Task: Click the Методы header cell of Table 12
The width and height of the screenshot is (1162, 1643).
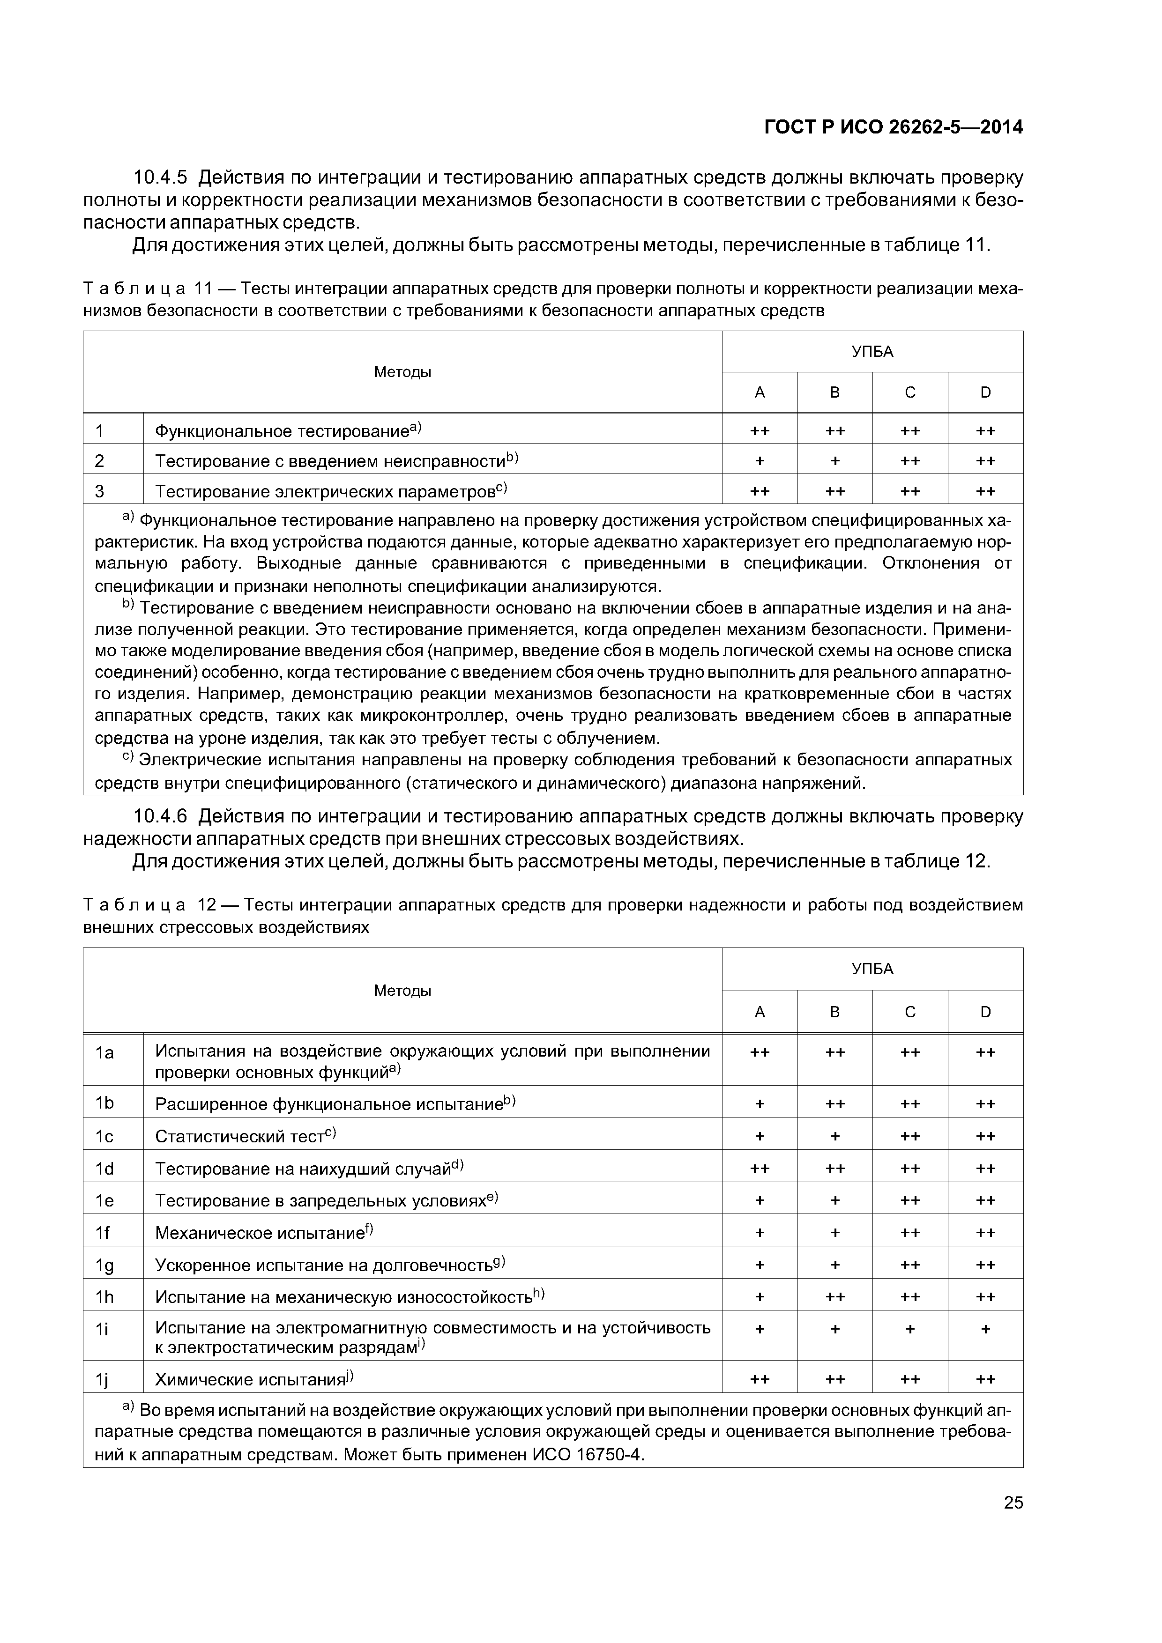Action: [x=402, y=991]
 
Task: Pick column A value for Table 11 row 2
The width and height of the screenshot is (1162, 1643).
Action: [x=759, y=461]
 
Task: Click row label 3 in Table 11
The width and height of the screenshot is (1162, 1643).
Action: [x=99, y=491]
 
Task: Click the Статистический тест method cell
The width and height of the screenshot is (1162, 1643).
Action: [x=240, y=1136]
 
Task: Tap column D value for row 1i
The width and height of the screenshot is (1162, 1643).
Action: [x=985, y=1329]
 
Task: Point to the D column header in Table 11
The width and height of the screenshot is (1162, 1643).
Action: [x=985, y=392]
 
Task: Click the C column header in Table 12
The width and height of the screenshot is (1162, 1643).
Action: [x=909, y=1012]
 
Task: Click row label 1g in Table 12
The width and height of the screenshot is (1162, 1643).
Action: [x=104, y=1265]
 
